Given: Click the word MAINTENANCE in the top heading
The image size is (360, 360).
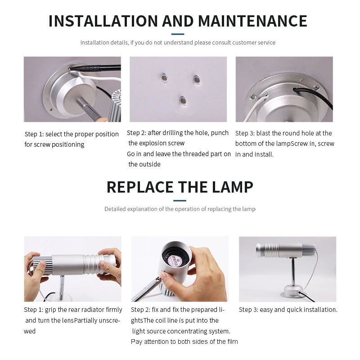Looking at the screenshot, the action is pyautogui.click(x=252, y=21).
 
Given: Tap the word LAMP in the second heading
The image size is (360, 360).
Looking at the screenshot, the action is pyautogui.click(x=232, y=187).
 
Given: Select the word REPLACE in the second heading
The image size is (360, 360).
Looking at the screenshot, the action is pyautogui.click(x=140, y=187).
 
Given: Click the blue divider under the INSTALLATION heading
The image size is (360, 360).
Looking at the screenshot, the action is pyautogui.click(x=178, y=34).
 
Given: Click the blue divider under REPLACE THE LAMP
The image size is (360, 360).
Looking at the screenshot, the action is pyautogui.click(x=180, y=201).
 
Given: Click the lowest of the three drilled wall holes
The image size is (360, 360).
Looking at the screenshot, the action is pyautogui.click(x=183, y=100).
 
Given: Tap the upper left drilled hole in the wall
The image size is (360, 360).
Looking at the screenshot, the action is pyautogui.click(x=164, y=77).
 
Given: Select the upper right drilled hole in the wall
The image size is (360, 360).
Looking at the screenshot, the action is pyautogui.click(x=197, y=80).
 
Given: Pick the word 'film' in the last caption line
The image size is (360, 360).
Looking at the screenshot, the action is pyautogui.click(x=232, y=342).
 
